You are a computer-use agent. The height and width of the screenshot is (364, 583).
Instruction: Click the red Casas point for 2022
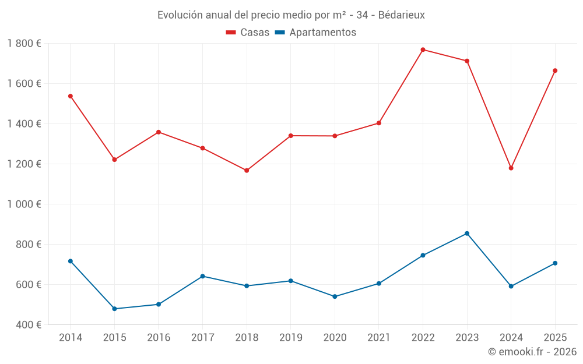tap(423, 50)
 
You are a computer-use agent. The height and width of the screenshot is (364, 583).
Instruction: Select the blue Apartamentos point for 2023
tap(467, 234)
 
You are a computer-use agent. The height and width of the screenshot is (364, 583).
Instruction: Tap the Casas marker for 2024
tap(511, 168)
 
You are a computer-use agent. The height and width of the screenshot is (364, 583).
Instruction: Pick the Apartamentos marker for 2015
tap(114, 309)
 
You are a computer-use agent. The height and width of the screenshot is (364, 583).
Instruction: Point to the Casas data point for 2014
tap(71, 96)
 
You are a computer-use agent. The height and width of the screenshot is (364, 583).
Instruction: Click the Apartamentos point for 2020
tap(335, 296)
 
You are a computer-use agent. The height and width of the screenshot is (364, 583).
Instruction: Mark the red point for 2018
tap(247, 171)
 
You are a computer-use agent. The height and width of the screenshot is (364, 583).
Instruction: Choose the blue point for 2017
tap(202, 276)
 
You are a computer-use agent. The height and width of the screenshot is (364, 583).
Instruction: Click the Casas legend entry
tap(248, 33)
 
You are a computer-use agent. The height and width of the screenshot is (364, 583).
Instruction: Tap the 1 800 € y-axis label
tap(24, 44)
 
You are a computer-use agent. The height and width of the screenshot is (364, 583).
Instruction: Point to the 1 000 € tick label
tap(24, 204)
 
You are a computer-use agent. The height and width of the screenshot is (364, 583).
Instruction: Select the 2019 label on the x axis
tap(290, 338)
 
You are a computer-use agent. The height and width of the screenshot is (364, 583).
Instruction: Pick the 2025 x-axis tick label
tap(554, 338)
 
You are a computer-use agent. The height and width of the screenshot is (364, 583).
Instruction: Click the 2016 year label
tap(159, 338)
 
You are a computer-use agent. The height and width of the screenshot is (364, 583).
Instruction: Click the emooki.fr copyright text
tap(532, 352)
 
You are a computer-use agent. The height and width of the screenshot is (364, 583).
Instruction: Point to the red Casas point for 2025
tap(555, 70)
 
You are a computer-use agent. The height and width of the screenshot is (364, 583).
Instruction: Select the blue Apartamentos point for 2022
tap(423, 255)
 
